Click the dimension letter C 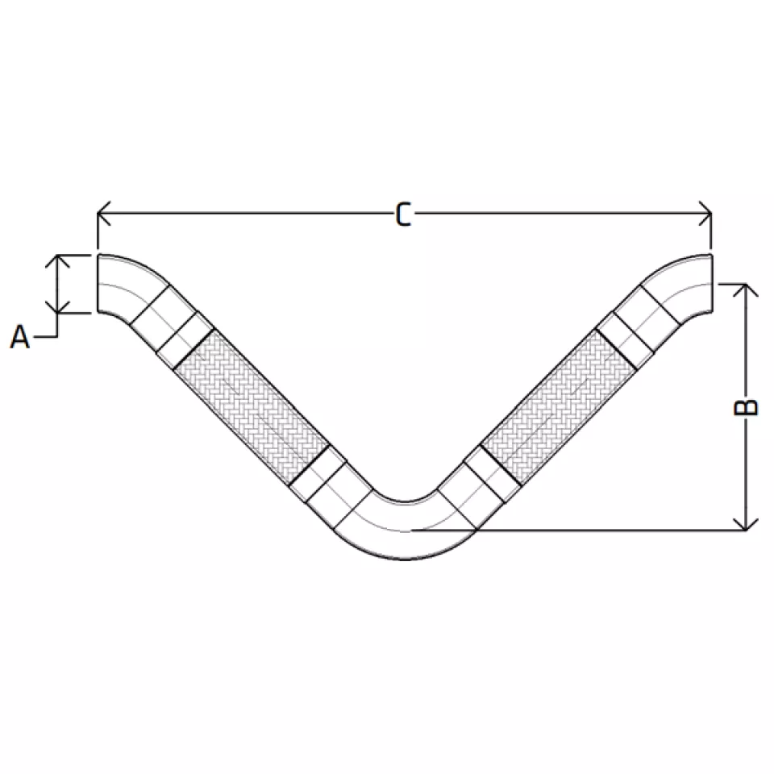pos(403,215)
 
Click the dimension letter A pos(19,337)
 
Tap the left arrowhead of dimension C pos(104,213)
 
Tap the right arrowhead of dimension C pos(705,213)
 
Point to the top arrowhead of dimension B pos(745,290)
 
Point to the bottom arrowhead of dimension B pos(745,524)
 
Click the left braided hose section pos(252,406)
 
